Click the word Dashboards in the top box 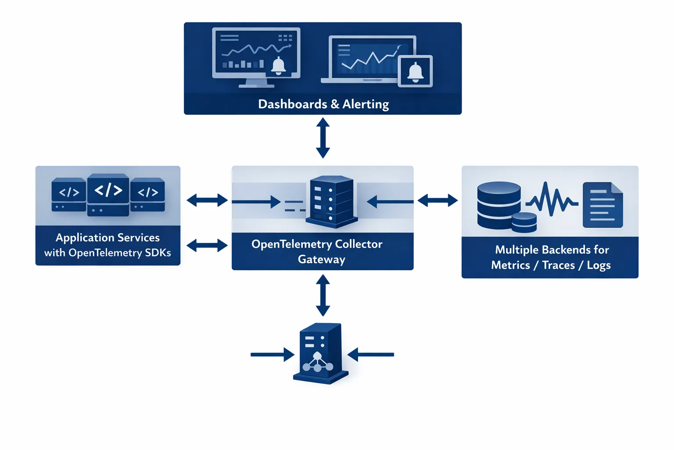pos(292,104)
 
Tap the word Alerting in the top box pos(366,104)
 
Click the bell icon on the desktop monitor pos(278,65)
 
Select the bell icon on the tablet pos(415,71)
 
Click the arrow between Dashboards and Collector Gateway pos(323,138)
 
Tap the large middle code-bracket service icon pos(108,194)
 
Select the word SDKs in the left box pos(158,253)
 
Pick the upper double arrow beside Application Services pos(207,201)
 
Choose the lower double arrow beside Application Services pos(207,245)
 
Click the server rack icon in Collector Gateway pos(331,202)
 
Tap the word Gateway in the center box pos(322,260)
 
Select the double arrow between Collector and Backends pos(437,201)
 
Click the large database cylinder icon pos(499,204)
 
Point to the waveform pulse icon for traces pos(552,200)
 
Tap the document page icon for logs pos(602,205)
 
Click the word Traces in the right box pos(558,265)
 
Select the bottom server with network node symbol pos(321,354)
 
